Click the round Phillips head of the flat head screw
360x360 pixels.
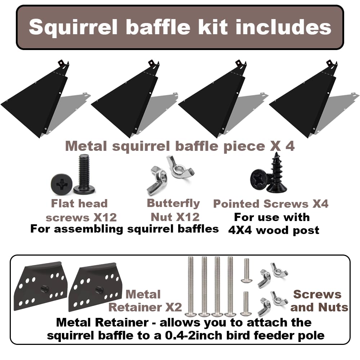[x=62, y=184]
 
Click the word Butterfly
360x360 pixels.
[x=174, y=204]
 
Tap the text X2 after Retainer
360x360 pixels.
[x=174, y=307]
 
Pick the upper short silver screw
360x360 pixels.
[x=246, y=270]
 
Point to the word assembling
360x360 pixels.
[x=89, y=229]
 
